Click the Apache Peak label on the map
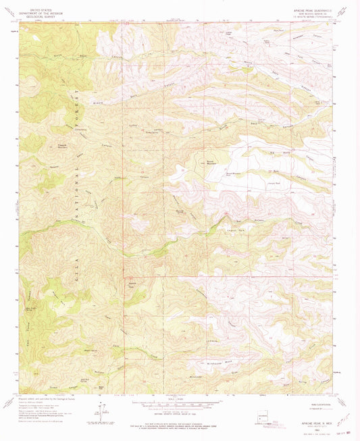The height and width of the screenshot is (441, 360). point(133,284)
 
